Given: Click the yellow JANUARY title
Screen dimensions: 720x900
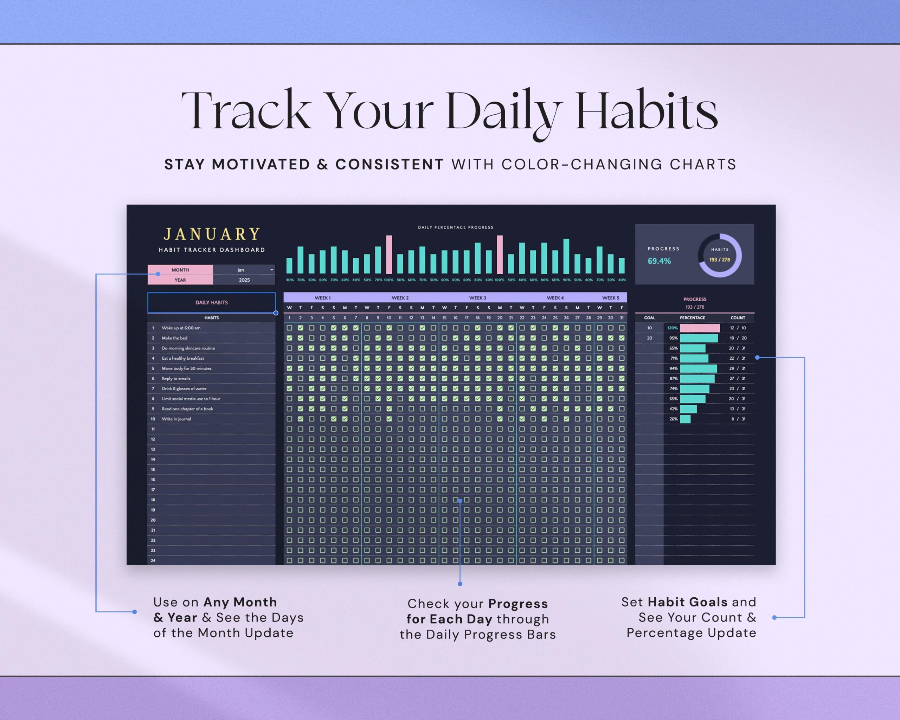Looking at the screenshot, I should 212,234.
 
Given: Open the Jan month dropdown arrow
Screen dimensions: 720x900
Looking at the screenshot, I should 272,270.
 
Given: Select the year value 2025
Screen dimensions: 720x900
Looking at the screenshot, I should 244,280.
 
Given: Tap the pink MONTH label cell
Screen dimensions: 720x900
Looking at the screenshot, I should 180,270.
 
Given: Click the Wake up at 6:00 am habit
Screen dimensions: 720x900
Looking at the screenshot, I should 181,328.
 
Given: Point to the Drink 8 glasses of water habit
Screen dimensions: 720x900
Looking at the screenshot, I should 184,388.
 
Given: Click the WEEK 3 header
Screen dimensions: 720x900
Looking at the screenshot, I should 477,298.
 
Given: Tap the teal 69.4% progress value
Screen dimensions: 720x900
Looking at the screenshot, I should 659,261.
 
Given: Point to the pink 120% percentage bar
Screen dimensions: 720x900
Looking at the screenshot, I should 700,328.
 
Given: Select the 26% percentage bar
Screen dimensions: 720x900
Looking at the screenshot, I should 685,419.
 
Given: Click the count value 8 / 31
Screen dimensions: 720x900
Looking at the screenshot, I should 738,419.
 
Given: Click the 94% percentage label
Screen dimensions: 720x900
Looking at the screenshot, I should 673,368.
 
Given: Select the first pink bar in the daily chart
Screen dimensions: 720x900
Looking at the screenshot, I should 389,254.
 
